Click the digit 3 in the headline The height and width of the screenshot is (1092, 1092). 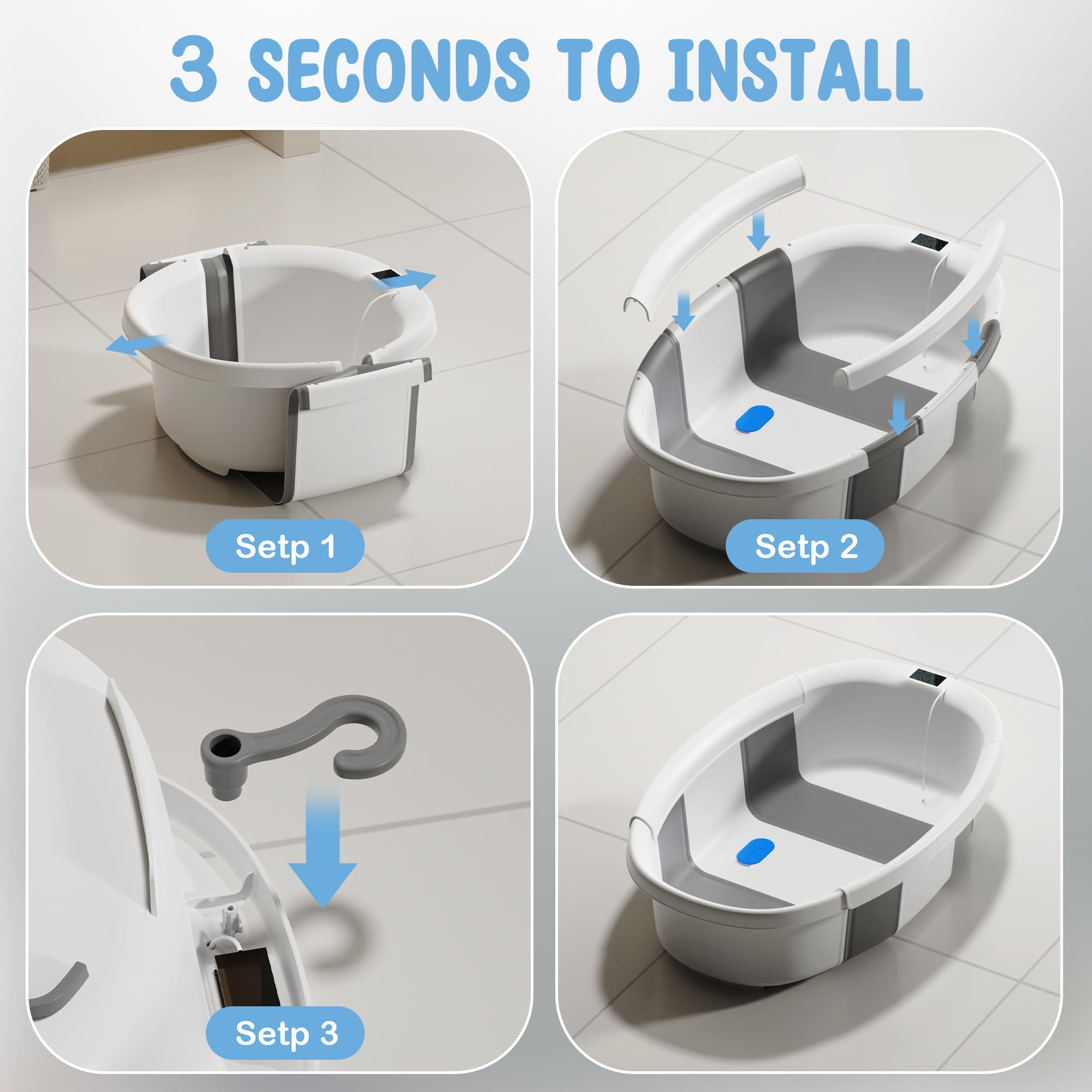pos(193,69)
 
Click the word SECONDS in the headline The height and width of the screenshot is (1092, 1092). pos(389,70)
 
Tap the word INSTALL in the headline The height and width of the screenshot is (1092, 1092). pos(794,70)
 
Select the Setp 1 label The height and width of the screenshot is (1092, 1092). pos(285,546)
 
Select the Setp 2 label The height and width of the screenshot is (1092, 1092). pos(805,546)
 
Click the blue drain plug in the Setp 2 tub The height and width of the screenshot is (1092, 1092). pos(754,419)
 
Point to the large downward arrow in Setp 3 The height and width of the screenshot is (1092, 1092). pos(323,848)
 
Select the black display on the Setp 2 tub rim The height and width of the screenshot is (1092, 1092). pos(929,244)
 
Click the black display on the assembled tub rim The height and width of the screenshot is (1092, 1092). pos(928,678)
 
